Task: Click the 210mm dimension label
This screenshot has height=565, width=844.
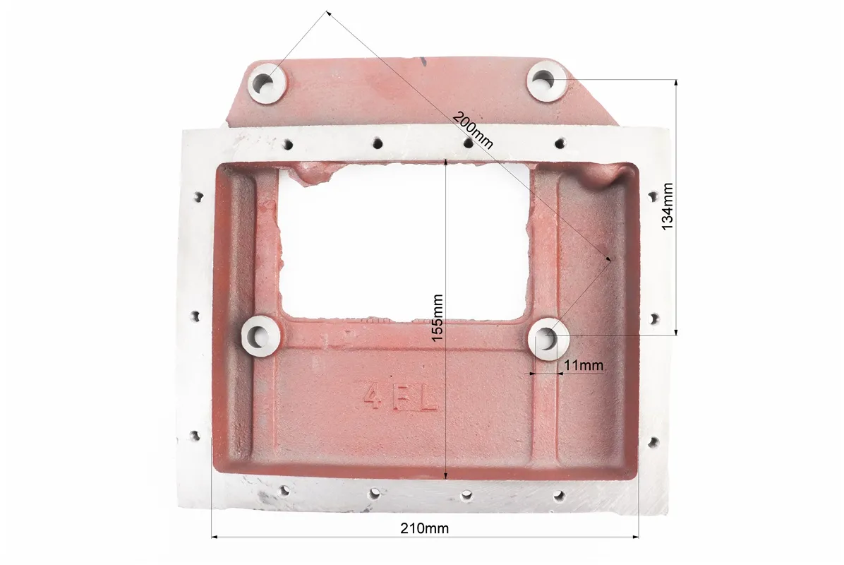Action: click(x=424, y=528)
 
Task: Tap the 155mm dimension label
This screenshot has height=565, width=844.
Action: click(x=437, y=317)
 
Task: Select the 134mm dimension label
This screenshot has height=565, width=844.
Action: click(x=667, y=207)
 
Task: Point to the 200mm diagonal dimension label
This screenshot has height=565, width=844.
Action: click(x=472, y=130)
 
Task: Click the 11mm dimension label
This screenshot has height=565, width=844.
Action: click(x=584, y=365)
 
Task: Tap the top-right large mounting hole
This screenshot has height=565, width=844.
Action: click(x=544, y=81)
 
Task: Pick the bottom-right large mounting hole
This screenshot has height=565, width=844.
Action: click(x=548, y=337)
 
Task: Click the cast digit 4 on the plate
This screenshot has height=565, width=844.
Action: click(x=373, y=396)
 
